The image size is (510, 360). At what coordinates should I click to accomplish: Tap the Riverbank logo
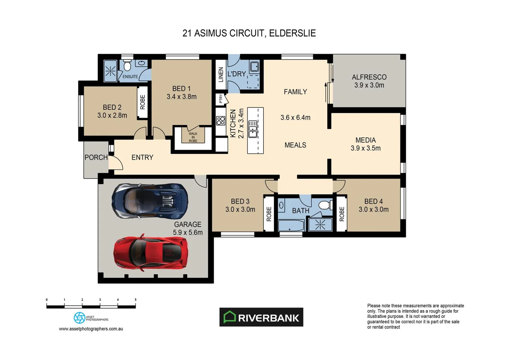261,317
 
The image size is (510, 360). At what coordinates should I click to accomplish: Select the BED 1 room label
181,89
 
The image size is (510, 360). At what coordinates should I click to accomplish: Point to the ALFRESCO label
369,77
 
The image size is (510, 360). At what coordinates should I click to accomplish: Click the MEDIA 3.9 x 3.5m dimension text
365,148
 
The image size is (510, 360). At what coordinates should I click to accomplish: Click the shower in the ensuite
110,71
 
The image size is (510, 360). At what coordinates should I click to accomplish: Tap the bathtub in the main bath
291,225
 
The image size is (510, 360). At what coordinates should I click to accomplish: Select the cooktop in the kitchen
220,121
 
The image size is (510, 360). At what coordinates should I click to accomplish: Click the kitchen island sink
252,129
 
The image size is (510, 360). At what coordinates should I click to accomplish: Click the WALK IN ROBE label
193,137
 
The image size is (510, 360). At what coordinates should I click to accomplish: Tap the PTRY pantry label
220,99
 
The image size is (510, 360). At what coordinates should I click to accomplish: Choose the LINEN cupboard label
220,74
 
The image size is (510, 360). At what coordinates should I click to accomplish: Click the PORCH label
96,157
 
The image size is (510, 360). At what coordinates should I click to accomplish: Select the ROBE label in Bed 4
341,214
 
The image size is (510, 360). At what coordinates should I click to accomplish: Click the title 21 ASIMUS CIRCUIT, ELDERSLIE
249,33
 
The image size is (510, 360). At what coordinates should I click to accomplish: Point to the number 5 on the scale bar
135,300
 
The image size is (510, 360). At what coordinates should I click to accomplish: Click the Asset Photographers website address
91,329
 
